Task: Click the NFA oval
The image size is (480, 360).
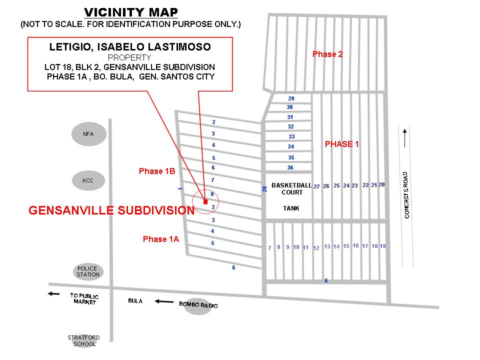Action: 88,134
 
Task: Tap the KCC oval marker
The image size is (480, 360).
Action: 88,180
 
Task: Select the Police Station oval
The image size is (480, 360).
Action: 88,271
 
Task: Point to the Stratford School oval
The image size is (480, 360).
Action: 82,340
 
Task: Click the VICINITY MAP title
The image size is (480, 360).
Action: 130,12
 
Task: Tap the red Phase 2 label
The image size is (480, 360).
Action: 327,54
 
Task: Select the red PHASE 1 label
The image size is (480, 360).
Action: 342,144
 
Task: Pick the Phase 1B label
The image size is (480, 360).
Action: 156,171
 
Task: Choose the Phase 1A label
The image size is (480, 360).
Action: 160,239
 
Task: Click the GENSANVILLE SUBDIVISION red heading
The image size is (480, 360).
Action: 111,210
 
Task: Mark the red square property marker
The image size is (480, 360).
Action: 205,201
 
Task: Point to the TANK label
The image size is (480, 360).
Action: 291,208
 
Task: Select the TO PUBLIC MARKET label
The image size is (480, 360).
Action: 84,298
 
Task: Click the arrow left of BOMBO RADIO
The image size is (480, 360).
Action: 163,301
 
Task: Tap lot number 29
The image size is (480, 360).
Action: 291,98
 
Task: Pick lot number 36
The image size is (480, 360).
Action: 290,167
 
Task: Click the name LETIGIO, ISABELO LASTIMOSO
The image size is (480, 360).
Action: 130,47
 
